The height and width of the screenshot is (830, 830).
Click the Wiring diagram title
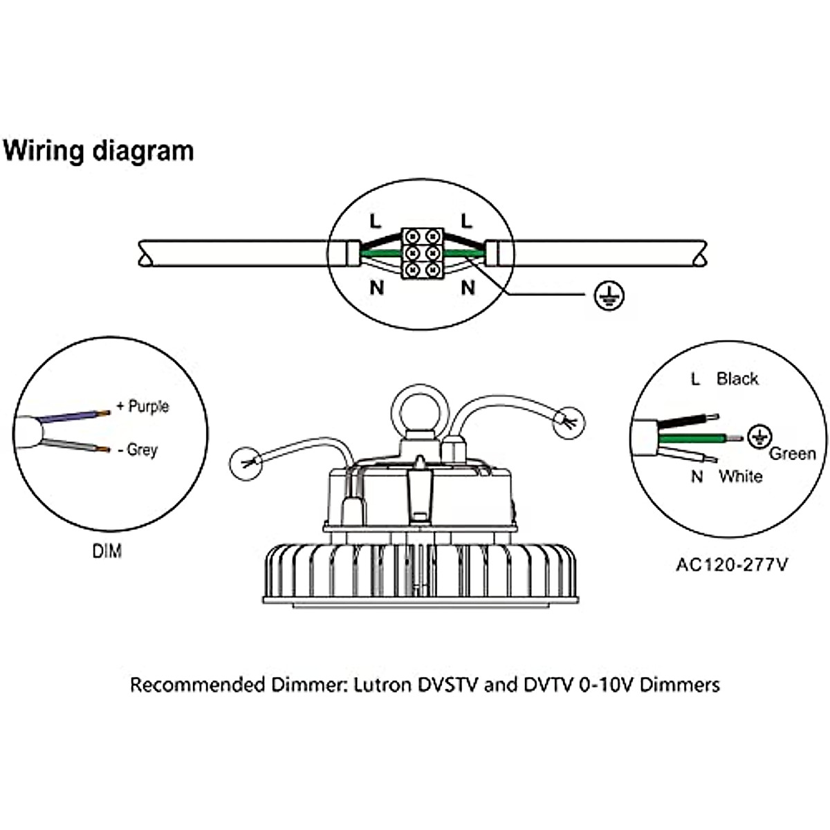99,150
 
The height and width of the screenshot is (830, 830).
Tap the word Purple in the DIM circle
148,406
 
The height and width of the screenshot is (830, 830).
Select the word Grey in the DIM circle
142,450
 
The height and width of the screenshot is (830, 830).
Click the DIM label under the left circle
107,551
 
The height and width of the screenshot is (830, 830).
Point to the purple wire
73,416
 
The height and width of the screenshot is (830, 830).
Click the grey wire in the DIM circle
73,445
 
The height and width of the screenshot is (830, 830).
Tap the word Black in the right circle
737,378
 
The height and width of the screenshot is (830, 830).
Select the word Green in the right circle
793,454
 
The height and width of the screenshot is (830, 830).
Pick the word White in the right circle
740,476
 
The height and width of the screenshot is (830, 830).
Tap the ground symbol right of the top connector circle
609,295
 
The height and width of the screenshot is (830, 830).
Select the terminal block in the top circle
421,252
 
